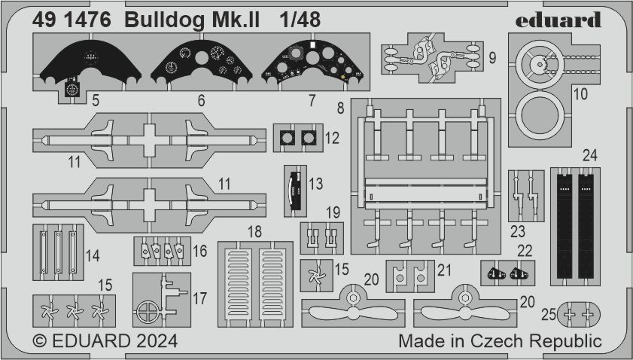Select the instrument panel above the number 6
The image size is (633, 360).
coord(201,64)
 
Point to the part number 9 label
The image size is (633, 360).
coord(490,56)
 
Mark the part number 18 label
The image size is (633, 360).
coord(256,231)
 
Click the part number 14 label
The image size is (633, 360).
coord(92,256)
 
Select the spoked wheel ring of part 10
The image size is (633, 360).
coord(542,67)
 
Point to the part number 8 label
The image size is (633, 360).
coord(341,108)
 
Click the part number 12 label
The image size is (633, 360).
coord(333,139)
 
